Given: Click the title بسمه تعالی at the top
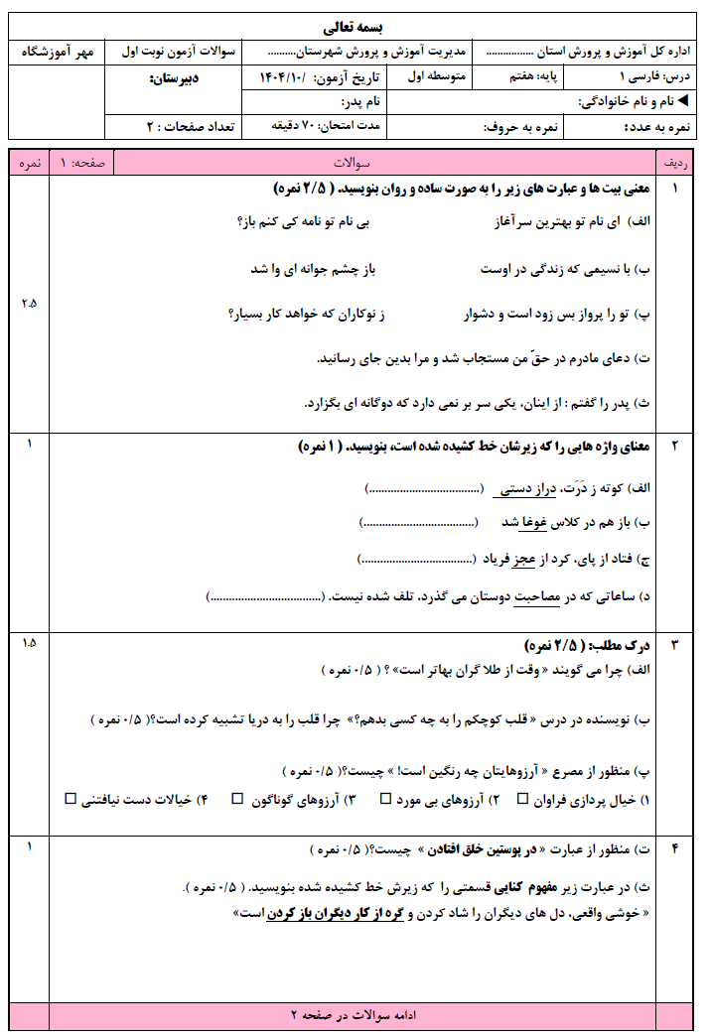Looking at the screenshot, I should click(355, 25).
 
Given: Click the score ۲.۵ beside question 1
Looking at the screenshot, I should click(28, 303).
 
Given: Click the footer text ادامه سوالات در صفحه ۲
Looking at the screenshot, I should click(355, 1016).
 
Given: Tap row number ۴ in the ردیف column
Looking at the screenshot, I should click(675, 848).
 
